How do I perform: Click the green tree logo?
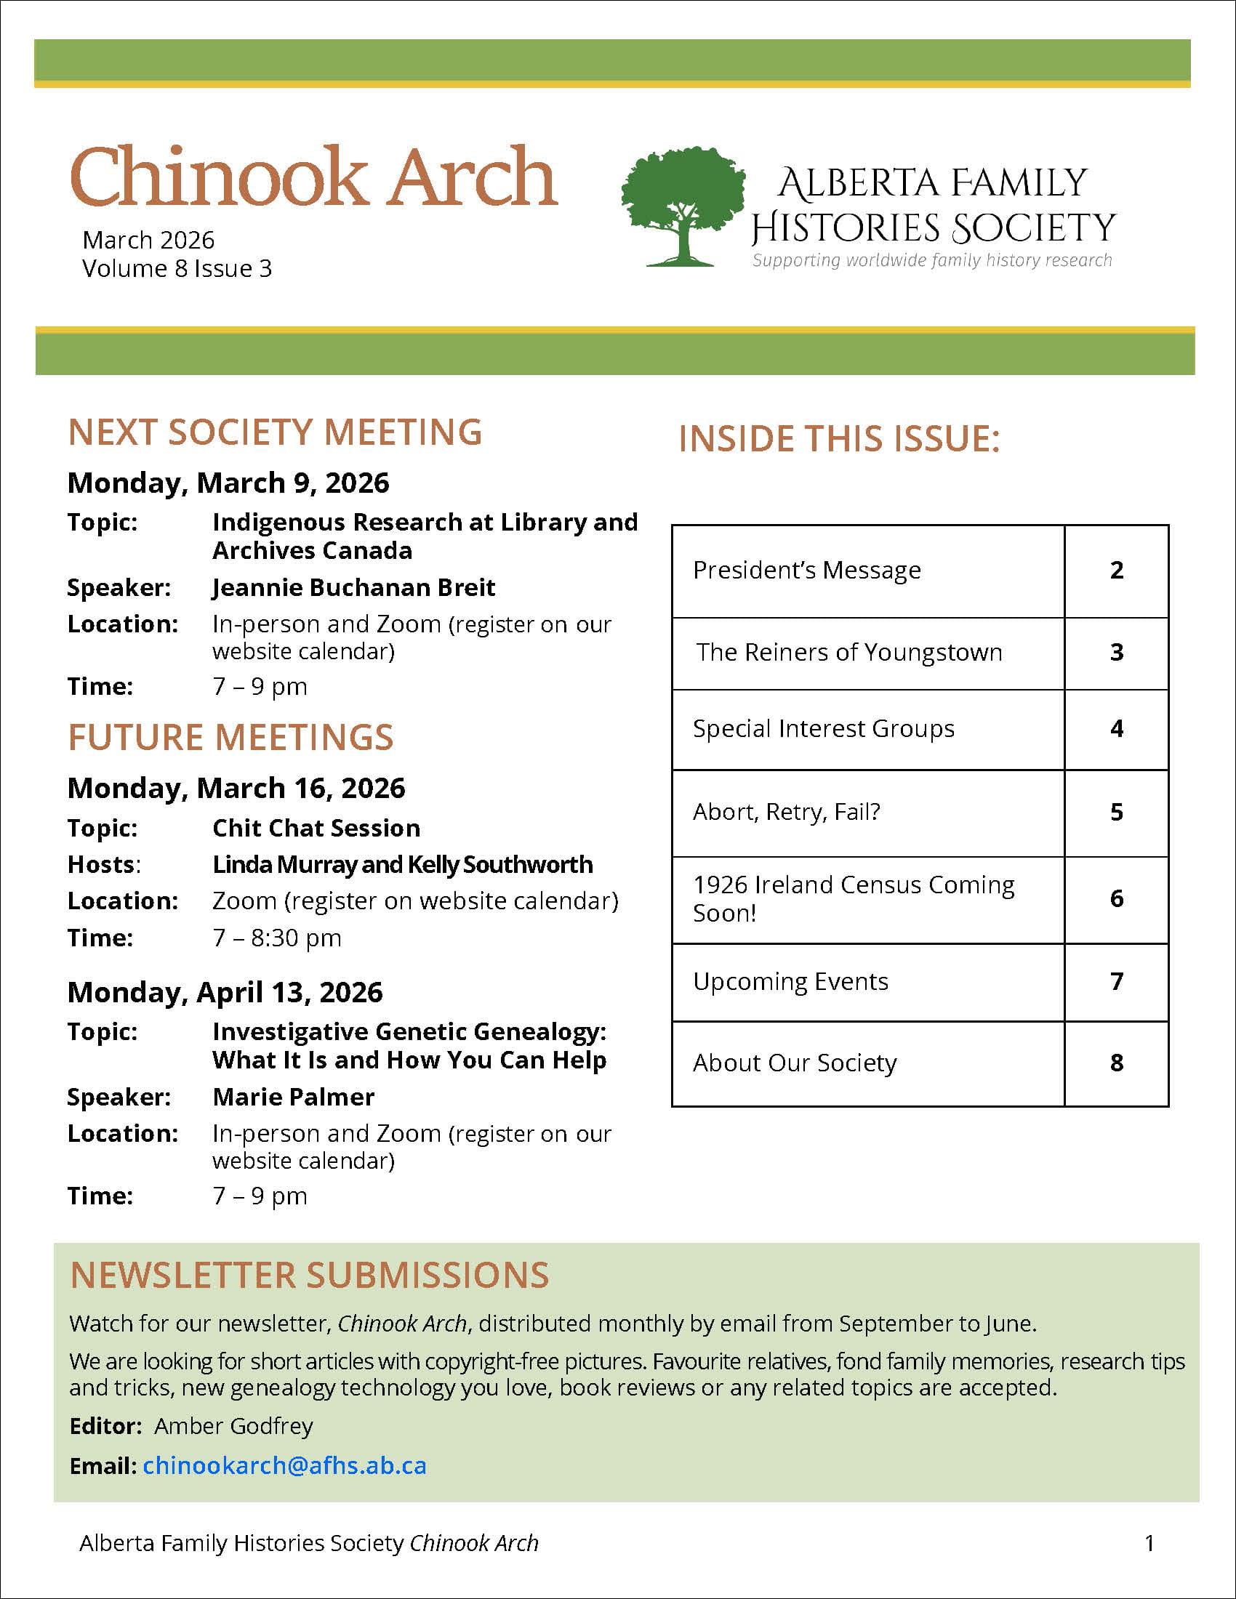pyautogui.click(x=683, y=205)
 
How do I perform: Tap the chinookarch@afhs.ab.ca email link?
pyautogui.click(x=284, y=1465)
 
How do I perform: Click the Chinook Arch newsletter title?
pyautogui.click(x=313, y=177)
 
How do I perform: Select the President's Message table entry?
pyautogui.click(x=807, y=571)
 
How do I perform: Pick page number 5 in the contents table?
pyautogui.click(x=1116, y=812)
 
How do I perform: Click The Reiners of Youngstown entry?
pyautogui.click(x=848, y=653)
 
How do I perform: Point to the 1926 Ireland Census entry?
pyautogui.click(x=854, y=898)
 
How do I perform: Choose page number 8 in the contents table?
pyautogui.click(x=1116, y=1063)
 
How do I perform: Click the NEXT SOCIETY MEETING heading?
pyautogui.click(x=275, y=432)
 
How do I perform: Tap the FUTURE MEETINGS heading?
pyautogui.click(x=230, y=737)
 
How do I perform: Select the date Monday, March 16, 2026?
pyautogui.click(x=236, y=789)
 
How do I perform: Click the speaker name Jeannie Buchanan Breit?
pyautogui.click(x=353, y=587)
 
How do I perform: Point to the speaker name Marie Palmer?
pyautogui.click(x=293, y=1097)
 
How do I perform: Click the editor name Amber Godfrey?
pyautogui.click(x=233, y=1425)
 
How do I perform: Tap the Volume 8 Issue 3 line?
pyautogui.click(x=177, y=269)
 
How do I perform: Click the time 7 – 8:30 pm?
pyautogui.click(x=277, y=938)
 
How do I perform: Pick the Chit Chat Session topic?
pyautogui.click(x=316, y=828)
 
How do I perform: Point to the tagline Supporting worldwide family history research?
pyautogui.click(x=932, y=260)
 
